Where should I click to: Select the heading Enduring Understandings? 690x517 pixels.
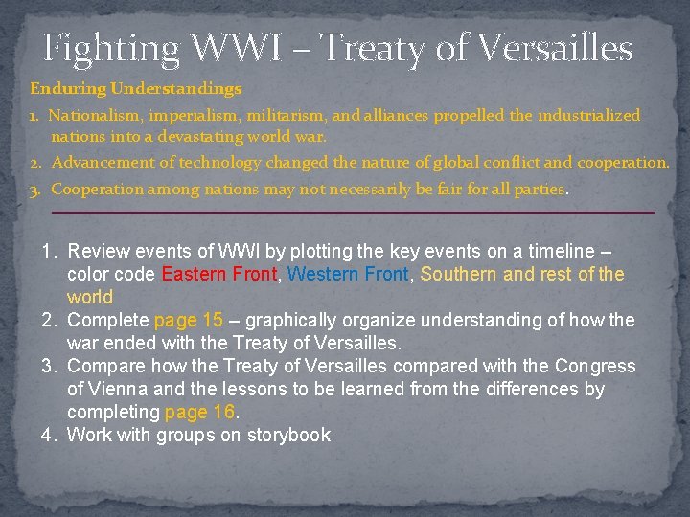[x=136, y=89]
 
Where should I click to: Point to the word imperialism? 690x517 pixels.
[x=195, y=115]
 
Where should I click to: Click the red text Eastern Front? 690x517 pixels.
[x=218, y=274]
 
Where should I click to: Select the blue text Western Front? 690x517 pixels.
[x=348, y=274]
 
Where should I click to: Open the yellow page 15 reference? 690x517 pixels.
[x=188, y=320]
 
